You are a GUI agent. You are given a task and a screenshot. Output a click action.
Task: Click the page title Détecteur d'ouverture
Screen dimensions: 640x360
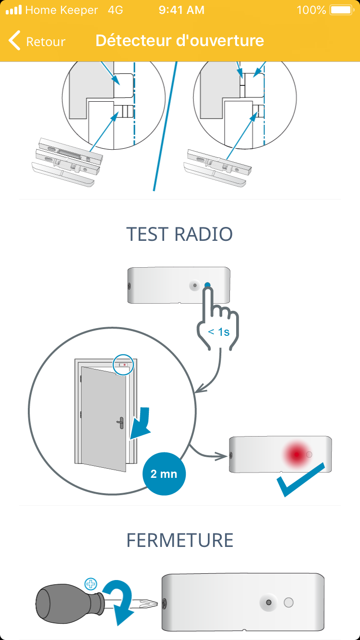[180, 41]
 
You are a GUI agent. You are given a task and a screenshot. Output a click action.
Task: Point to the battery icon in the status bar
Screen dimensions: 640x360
[341, 10]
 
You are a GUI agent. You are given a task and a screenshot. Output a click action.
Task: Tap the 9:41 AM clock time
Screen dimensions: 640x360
[181, 10]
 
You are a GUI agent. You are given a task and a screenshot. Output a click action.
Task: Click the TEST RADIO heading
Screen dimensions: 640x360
[180, 234]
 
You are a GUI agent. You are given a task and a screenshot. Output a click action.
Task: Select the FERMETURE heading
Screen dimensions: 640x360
[180, 540]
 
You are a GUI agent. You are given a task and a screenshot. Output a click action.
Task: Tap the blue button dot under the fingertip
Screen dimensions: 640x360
[207, 285]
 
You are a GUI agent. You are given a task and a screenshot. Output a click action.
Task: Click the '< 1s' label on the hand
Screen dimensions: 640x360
[218, 332]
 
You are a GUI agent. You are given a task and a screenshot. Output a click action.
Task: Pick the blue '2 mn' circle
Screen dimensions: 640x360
[164, 474]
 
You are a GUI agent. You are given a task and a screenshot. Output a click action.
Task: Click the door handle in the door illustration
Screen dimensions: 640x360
[120, 423]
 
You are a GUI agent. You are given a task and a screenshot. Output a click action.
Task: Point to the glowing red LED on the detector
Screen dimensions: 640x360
[296, 454]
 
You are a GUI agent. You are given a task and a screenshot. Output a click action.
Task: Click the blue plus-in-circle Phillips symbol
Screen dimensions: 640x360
[90, 584]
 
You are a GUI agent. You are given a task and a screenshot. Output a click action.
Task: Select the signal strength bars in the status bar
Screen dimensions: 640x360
[13, 10]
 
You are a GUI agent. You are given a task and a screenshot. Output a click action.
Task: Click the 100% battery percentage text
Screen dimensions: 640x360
[311, 10]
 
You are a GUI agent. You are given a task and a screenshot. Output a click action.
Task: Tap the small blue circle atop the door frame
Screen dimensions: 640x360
[123, 365]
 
